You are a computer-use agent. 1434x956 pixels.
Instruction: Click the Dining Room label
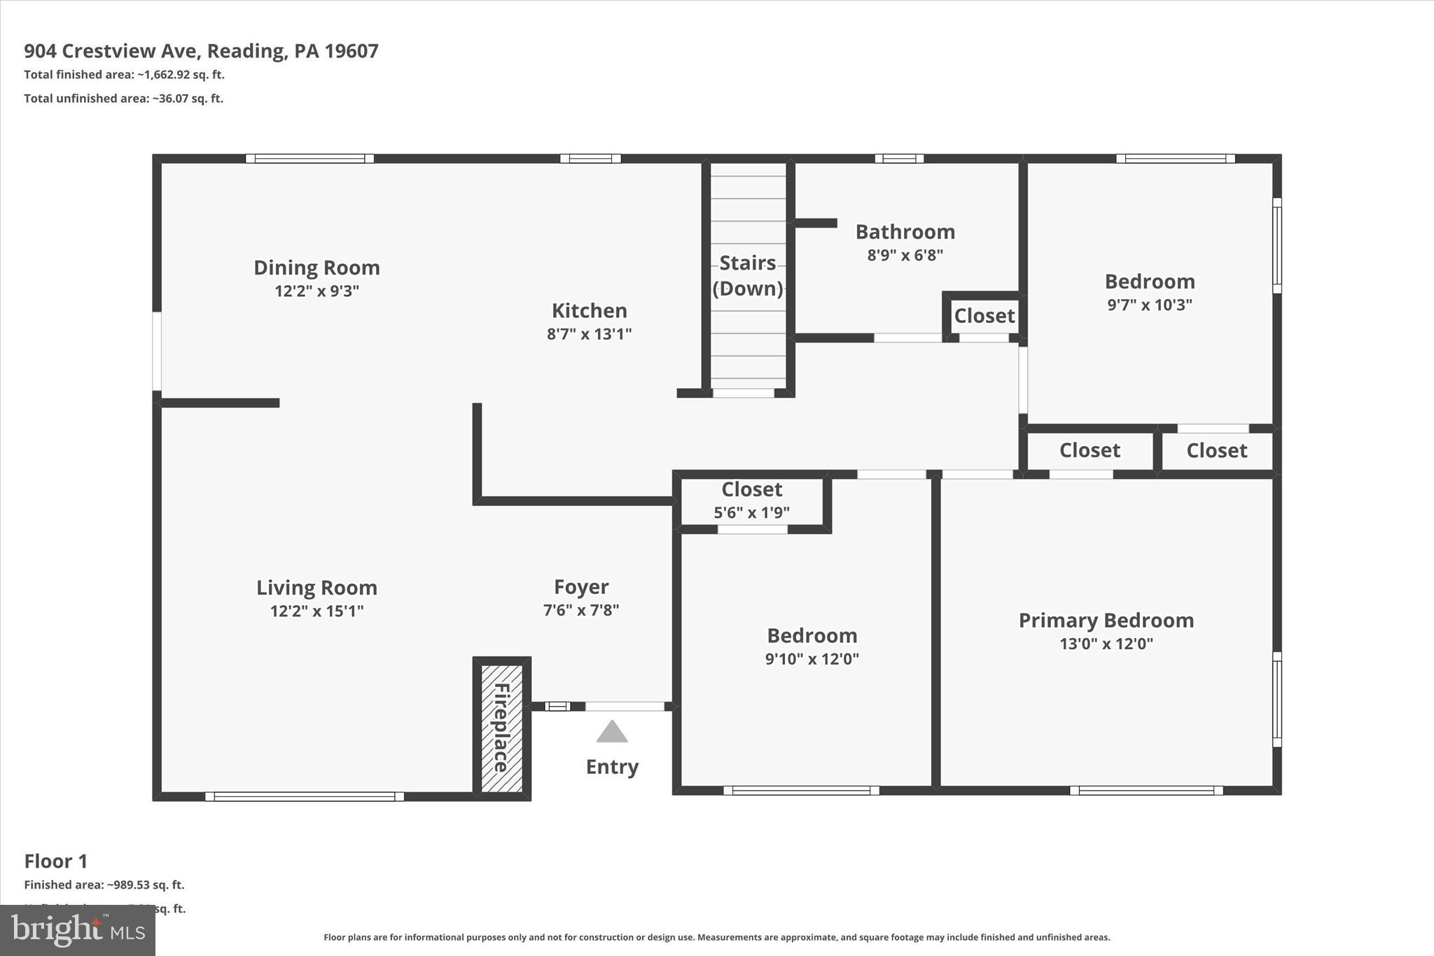316,268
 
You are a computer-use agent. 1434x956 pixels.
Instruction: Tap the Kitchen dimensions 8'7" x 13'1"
589,334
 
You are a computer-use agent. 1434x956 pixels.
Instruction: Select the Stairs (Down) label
747,275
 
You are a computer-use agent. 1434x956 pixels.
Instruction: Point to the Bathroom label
905,232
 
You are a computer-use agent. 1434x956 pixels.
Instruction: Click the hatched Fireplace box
501,728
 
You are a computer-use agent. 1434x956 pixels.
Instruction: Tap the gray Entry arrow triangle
612,733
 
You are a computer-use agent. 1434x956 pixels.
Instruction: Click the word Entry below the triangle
612,767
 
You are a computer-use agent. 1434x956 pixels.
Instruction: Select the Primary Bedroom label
1106,621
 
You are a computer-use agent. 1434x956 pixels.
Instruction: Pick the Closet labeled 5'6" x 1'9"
751,500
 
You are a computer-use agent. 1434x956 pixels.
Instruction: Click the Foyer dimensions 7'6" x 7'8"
580,611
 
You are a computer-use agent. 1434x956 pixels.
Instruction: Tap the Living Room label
316,588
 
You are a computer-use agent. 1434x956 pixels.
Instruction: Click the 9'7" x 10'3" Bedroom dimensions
1149,305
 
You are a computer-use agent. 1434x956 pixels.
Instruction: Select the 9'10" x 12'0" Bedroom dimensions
812,659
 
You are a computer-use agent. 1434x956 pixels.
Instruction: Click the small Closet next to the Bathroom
984,316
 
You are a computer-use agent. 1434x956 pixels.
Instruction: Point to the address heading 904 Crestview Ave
201,51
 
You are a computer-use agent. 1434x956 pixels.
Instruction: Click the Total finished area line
124,75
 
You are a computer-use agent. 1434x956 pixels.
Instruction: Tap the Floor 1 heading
56,861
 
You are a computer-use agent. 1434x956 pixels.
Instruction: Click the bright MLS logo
78,930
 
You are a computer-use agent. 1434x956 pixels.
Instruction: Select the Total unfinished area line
123,99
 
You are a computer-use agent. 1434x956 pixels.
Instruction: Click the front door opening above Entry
624,706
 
